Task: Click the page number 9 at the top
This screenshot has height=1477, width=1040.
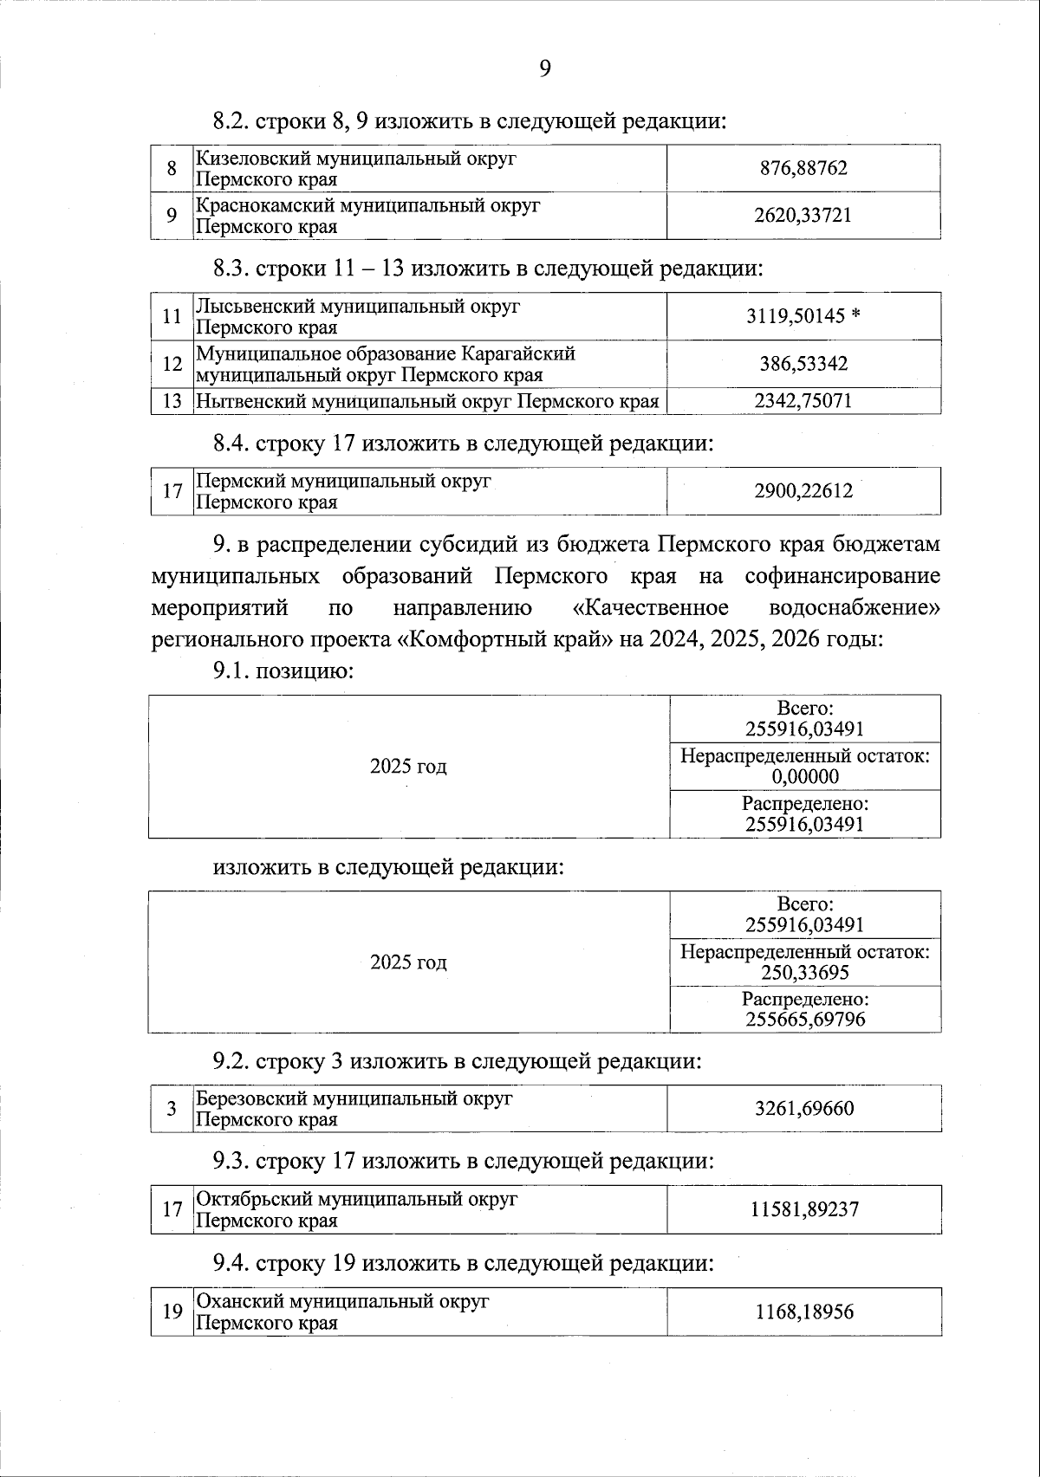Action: pyautogui.click(x=544, y=69)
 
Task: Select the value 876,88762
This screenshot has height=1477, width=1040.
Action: pyautogui.click(x=803, y=168)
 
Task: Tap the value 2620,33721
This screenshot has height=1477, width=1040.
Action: pyautogui.click(x=803, y=215)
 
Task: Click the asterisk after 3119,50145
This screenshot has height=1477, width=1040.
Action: pyautogui.click(x=855, y=316)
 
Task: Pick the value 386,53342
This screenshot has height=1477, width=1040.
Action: pyautogui.click(x=803, y=364)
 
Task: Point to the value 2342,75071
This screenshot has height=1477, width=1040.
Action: pyautogui.click(x=803, y=401)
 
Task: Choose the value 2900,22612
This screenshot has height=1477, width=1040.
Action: pyautogui.click(x=803, y=491)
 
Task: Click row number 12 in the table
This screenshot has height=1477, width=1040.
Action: pyautogui.click(x=172, y=364)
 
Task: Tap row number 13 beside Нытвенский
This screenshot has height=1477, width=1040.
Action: pyautogui.click(x=172, y=401)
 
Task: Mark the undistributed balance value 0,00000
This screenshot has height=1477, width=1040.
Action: pyautogui.click(x=805, y=777)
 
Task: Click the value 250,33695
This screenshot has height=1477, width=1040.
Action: pyautogui.click(x=805, y=973)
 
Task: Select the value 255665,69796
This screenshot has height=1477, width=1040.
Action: pyautogui.click(x=805, y=1019)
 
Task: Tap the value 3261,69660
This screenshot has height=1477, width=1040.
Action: pyautogui.click(x=804, y=1109)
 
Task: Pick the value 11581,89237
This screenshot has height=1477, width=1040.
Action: pyautogui.click(x=804, y=1209)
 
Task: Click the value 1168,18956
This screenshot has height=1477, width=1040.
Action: pyautogui.click(x=804, y=1312)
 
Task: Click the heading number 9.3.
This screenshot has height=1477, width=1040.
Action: pyautogui.click(x=231, y=1161)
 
